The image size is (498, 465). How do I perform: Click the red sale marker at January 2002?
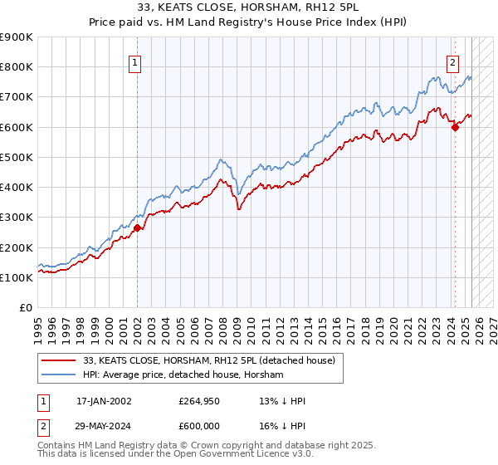[x=137, y=228]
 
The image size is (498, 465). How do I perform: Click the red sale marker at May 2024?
[x=455, y=127]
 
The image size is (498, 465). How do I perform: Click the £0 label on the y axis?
[x=25, y=308]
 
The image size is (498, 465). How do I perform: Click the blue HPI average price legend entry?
[x=183, y=375]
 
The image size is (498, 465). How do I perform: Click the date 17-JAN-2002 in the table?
[x=104, y=401]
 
